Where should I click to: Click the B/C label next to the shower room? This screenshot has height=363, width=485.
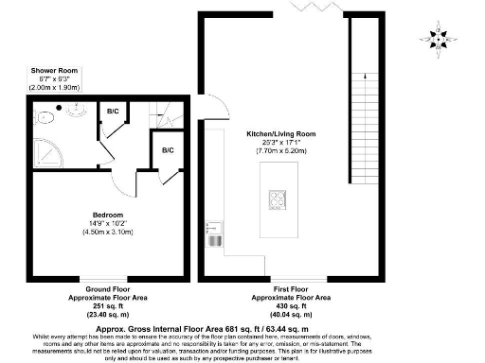113,112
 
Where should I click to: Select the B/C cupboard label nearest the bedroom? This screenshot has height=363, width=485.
168,150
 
